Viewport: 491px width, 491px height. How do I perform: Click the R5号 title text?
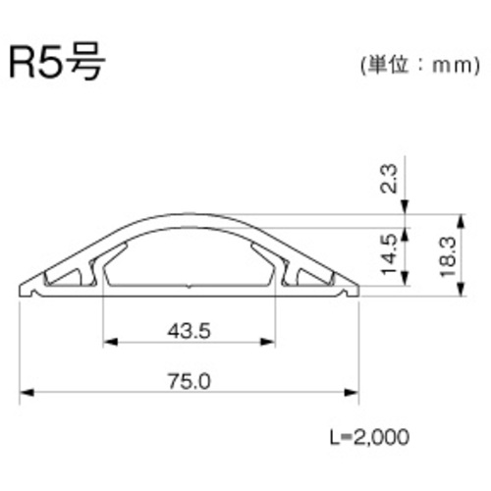coord(57,61)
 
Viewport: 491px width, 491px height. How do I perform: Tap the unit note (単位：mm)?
coord(420,66)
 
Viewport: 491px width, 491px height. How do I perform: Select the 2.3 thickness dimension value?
coord(389,179)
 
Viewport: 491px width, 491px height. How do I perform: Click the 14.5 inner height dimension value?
coord(389,254)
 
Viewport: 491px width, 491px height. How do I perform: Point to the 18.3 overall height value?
coord(448,257)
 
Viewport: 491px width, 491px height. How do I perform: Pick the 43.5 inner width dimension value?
coord(189,331)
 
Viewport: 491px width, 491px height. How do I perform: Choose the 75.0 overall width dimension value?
coord(190,381)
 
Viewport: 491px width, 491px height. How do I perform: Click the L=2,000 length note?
coord(369,436)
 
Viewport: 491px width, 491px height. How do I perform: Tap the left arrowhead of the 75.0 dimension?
coord(27,393)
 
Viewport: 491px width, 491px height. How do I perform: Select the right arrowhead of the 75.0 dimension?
coord(352,393)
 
